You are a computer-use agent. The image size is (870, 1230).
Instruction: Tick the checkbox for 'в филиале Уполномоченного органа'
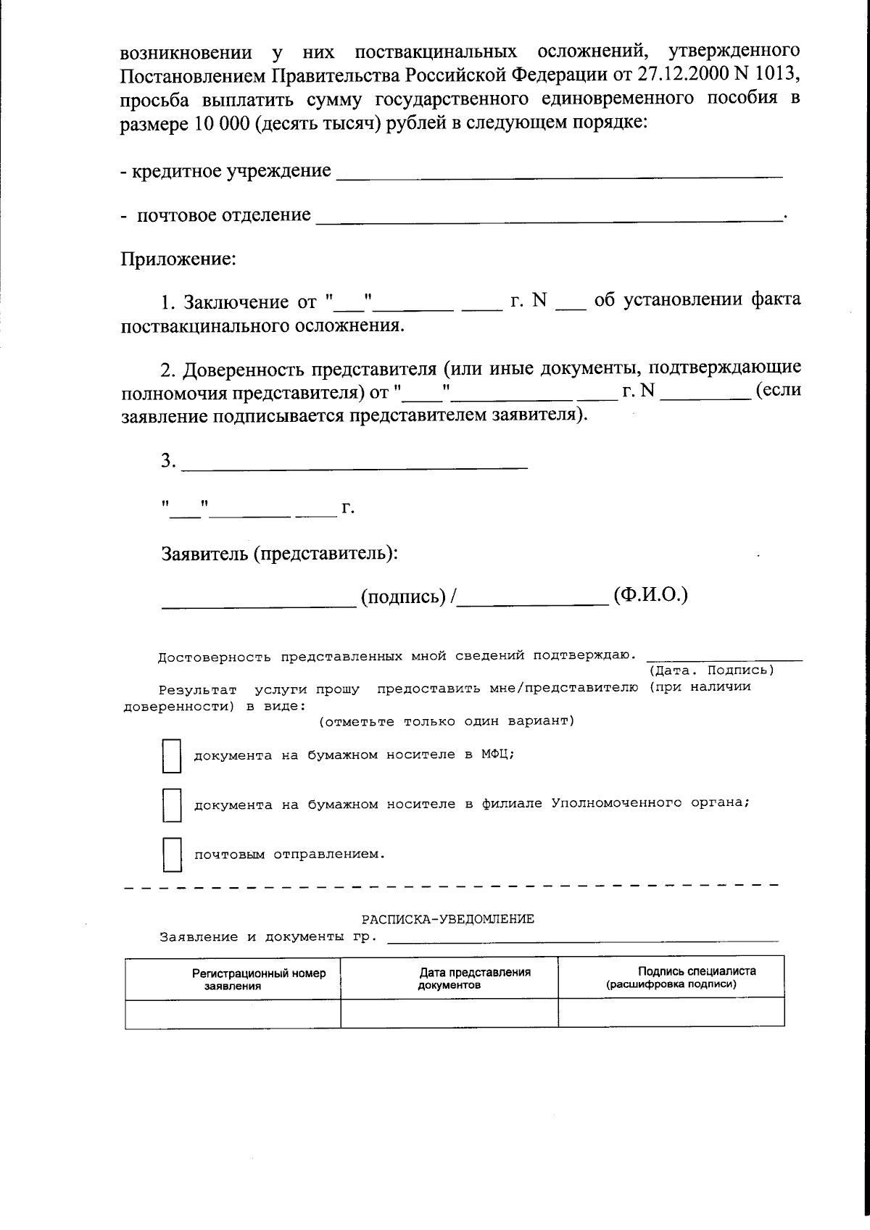[171, 805]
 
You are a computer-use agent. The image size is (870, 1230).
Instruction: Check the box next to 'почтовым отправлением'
[171, 855]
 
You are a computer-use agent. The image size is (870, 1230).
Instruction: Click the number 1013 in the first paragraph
[779, 74]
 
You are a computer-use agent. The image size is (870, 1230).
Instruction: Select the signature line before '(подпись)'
[258, 601]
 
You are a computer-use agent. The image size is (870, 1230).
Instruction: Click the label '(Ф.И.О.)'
[650, 596]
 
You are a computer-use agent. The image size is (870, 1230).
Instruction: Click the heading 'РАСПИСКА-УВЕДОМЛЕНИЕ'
[447, 919]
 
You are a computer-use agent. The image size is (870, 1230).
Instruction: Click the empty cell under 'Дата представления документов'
[449, 1013]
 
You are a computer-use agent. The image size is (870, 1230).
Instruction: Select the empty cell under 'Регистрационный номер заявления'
[233, 1013]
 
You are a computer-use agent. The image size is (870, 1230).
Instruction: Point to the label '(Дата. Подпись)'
[711, 670]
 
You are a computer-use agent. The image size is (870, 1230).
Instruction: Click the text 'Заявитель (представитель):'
[280, 554]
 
